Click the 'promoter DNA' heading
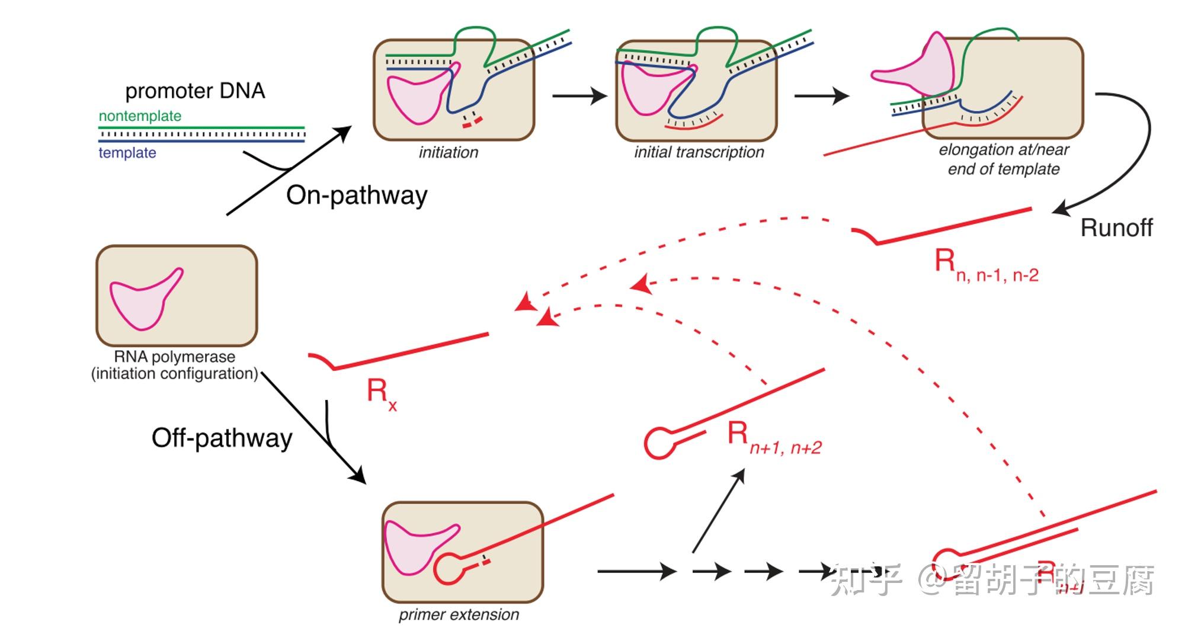coord(195,91)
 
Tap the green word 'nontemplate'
coord(140,116)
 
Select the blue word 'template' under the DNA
coord(127,153)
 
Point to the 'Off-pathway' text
coord(222,438)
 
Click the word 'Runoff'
coord(1116,228)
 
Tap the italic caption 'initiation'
coord(448,152)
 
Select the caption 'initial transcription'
coord(699,152)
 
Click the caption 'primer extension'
coord(459,614)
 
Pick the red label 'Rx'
coord(380,393)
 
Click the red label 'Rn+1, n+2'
coord(773,438)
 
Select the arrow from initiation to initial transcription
coord(579,95)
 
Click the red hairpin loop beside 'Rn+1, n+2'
coord(659,443)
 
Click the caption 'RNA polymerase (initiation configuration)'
coord(175,365)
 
